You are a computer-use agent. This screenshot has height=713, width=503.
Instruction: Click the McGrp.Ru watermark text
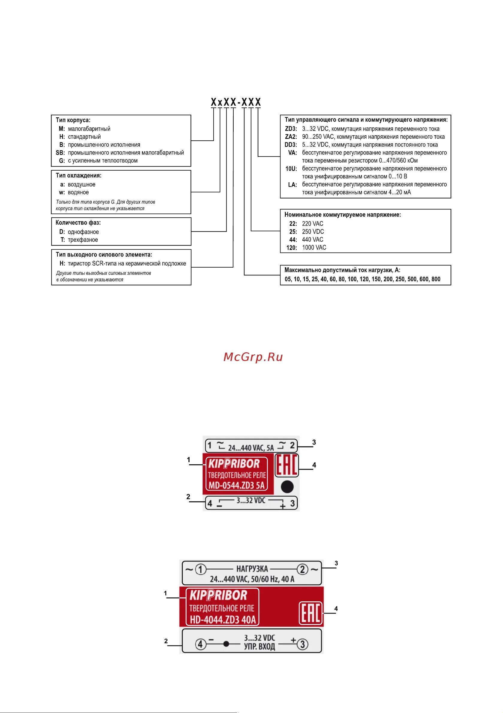click(253, 357)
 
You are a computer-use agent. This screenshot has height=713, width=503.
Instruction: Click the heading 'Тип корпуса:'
click(73, 120)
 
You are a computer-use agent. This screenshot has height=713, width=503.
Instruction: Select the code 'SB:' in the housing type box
click(60, 153)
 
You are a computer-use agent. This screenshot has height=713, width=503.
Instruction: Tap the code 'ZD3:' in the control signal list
click(291, 129)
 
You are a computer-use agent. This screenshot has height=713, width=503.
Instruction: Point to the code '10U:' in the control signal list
click(291, 169)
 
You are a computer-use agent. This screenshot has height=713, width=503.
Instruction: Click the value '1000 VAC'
click(314, 248)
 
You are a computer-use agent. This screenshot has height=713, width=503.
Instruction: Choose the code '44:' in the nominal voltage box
click(293, 240)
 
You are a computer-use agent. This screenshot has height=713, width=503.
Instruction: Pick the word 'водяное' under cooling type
click(78, 192)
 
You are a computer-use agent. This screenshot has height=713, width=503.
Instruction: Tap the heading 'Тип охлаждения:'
click(79, 175)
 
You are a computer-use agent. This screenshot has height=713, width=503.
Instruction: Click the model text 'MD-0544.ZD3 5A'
click(237, 486)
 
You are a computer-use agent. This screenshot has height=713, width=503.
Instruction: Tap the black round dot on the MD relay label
click(287, 487)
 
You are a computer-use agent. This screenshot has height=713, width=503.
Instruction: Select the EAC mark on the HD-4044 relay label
click(311, 613)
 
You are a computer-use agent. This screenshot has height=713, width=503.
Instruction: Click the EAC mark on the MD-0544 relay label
click(287, 465)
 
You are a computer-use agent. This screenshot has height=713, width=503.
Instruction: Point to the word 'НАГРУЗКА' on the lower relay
click(252, 569)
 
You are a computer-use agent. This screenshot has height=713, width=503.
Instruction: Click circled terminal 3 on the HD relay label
click(303, 645)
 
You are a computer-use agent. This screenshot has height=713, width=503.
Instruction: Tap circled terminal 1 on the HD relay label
click(200, 569)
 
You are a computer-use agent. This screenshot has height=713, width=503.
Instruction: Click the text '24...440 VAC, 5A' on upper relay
click(251, 448)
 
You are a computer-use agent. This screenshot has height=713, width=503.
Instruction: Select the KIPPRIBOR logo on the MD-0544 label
click(234, 464)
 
